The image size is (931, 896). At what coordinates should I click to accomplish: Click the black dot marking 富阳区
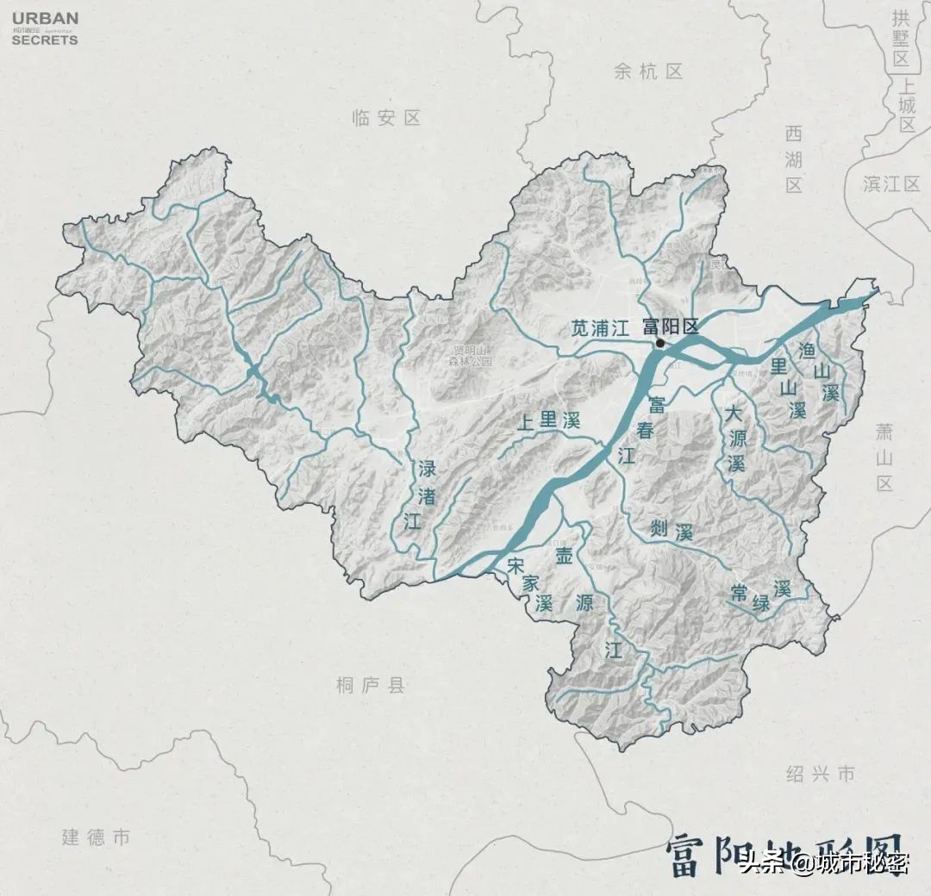tap(660, 343)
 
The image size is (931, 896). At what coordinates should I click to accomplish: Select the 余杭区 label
tap(648, 72)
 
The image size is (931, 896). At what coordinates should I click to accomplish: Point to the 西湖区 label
tap(794, 159)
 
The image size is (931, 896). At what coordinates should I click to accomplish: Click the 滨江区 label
tap(892, 184)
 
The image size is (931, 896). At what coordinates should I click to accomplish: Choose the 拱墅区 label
tap(902, 38)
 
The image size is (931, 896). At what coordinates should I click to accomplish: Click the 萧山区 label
tap(885, 457)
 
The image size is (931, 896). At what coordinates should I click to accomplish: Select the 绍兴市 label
tap(821, 774)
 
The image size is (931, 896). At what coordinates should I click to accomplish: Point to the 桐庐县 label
tap(371, 686)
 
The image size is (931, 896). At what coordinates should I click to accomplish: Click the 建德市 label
tap(96, 837)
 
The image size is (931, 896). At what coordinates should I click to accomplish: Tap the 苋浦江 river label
tap(601, 327)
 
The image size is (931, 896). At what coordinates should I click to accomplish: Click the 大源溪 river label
tap(734, 439)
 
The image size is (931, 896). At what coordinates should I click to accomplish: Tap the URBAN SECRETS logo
tap(45, 28)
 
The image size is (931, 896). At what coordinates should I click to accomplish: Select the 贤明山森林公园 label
tap(473, 356)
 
